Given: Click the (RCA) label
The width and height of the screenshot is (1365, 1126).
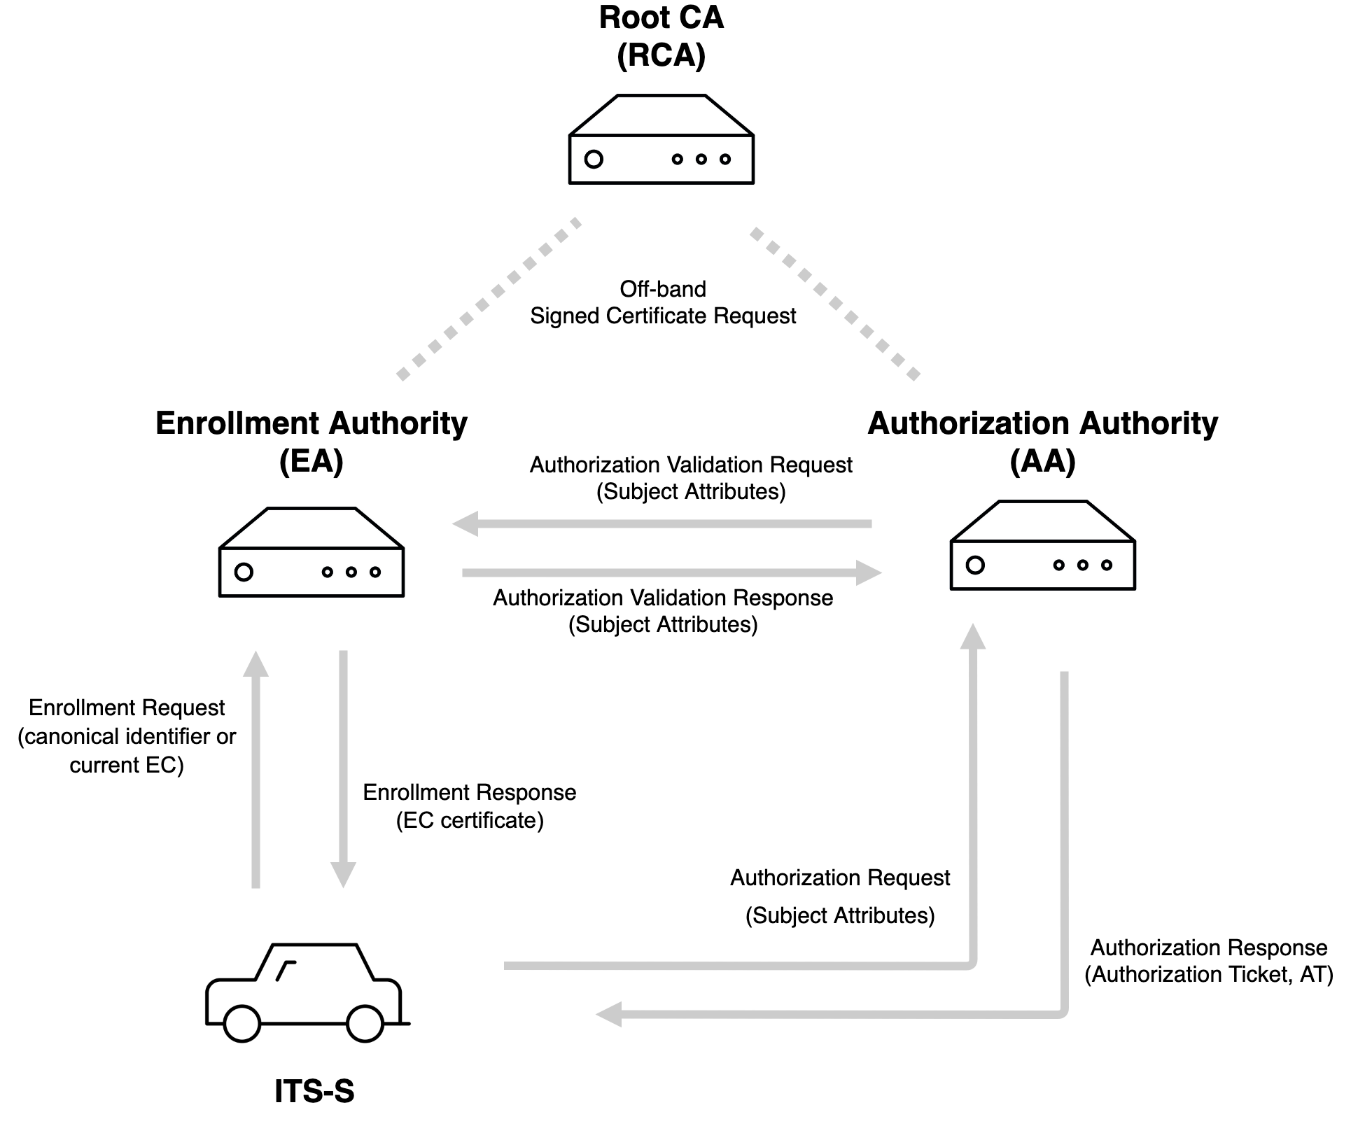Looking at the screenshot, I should tap(661, 56).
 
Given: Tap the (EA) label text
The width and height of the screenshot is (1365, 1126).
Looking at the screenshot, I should tap(311, 463).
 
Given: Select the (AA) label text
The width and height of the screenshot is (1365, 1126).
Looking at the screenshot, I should tap(1042, 462).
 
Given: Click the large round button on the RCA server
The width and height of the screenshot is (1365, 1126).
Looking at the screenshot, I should tap(594, 160).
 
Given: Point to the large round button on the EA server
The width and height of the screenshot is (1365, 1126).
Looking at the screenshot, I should tap(244, 572).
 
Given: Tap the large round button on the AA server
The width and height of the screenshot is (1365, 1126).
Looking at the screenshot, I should tap(975, 565).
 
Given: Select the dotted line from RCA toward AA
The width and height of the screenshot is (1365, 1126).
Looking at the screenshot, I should tap(835, 302).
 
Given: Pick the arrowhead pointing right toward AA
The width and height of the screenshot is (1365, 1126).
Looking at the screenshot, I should tap(869, 572).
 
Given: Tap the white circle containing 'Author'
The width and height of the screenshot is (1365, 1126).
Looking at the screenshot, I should tap(531, 600).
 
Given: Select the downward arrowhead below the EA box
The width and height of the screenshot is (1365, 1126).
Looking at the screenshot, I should tap(343, 875).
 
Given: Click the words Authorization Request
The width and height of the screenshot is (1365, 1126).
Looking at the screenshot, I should tap(840, 878).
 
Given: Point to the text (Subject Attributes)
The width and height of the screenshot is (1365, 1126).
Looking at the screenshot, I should tap(840, 915).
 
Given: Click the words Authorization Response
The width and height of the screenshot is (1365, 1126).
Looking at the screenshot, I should tap(1209, 948).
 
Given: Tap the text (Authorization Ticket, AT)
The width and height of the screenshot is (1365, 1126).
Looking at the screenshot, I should tap(1209, 974).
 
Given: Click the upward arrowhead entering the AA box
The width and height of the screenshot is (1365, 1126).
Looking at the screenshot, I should tap(972, 636).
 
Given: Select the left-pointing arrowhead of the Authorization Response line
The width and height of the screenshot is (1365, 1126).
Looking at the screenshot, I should tap(608, 1014).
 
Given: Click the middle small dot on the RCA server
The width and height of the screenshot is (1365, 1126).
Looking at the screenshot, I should tap(701, 160).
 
